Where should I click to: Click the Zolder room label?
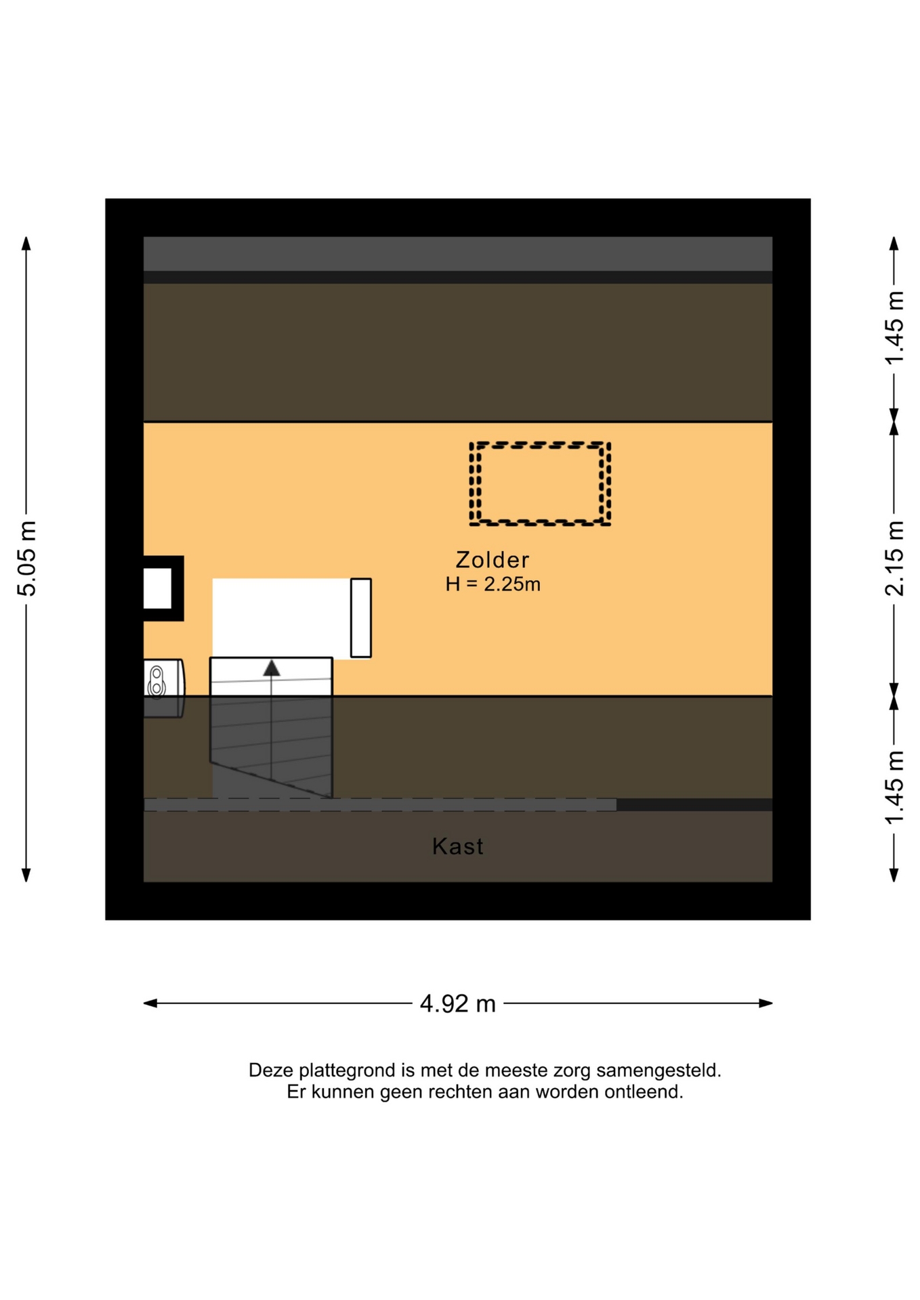coord(493,560)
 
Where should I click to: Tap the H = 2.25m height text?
coord(493,584)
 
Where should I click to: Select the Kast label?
coord(458,846)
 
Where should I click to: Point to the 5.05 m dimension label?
coord(26,559)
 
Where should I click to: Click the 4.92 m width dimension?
coord(458,1003)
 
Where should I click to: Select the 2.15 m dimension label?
coord(894,559)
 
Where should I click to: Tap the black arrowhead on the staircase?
coord(272,668)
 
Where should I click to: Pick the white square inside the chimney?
coord(157,588)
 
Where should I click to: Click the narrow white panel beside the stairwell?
coord(361,617)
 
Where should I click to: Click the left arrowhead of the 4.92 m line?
coord(150,1003)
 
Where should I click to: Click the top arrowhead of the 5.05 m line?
coord(26,244)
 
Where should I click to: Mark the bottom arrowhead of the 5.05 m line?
coord(26,875)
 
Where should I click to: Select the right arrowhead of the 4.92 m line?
coord(766,1003)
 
